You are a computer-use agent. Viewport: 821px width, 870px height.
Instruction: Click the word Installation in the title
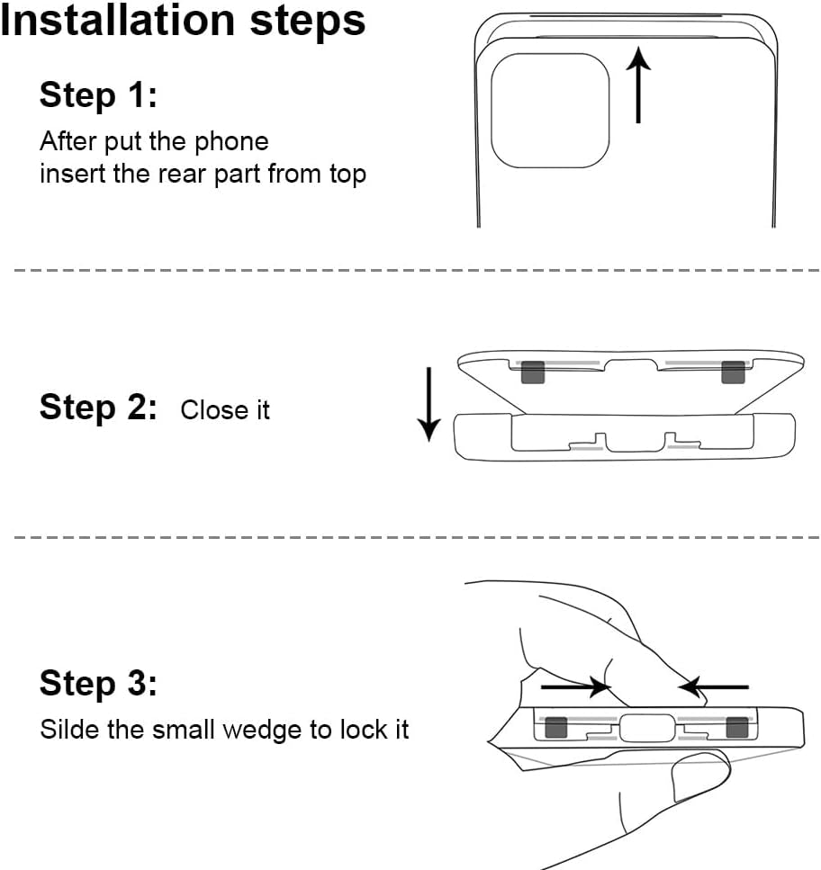click(x=113, y=22)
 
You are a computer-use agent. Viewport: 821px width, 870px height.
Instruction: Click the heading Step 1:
click(x=98, y=94)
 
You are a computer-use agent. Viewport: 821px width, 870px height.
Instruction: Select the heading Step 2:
click(x=98, y=408)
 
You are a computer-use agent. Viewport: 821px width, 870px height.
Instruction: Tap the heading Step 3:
click(x=98, y=684)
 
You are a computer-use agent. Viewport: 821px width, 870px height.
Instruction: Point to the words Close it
click(x=225, y=410)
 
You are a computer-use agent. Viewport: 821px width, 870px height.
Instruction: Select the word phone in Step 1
click(x=234, y=142)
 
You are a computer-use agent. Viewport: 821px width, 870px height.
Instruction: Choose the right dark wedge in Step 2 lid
click(x=733, y=372)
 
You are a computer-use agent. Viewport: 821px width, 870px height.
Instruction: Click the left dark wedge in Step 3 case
click(x=555, y=727)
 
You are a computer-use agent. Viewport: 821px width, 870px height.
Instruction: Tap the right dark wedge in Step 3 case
click(x=737, y=727)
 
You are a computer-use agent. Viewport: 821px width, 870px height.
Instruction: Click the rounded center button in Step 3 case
click(x=646, y=727)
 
